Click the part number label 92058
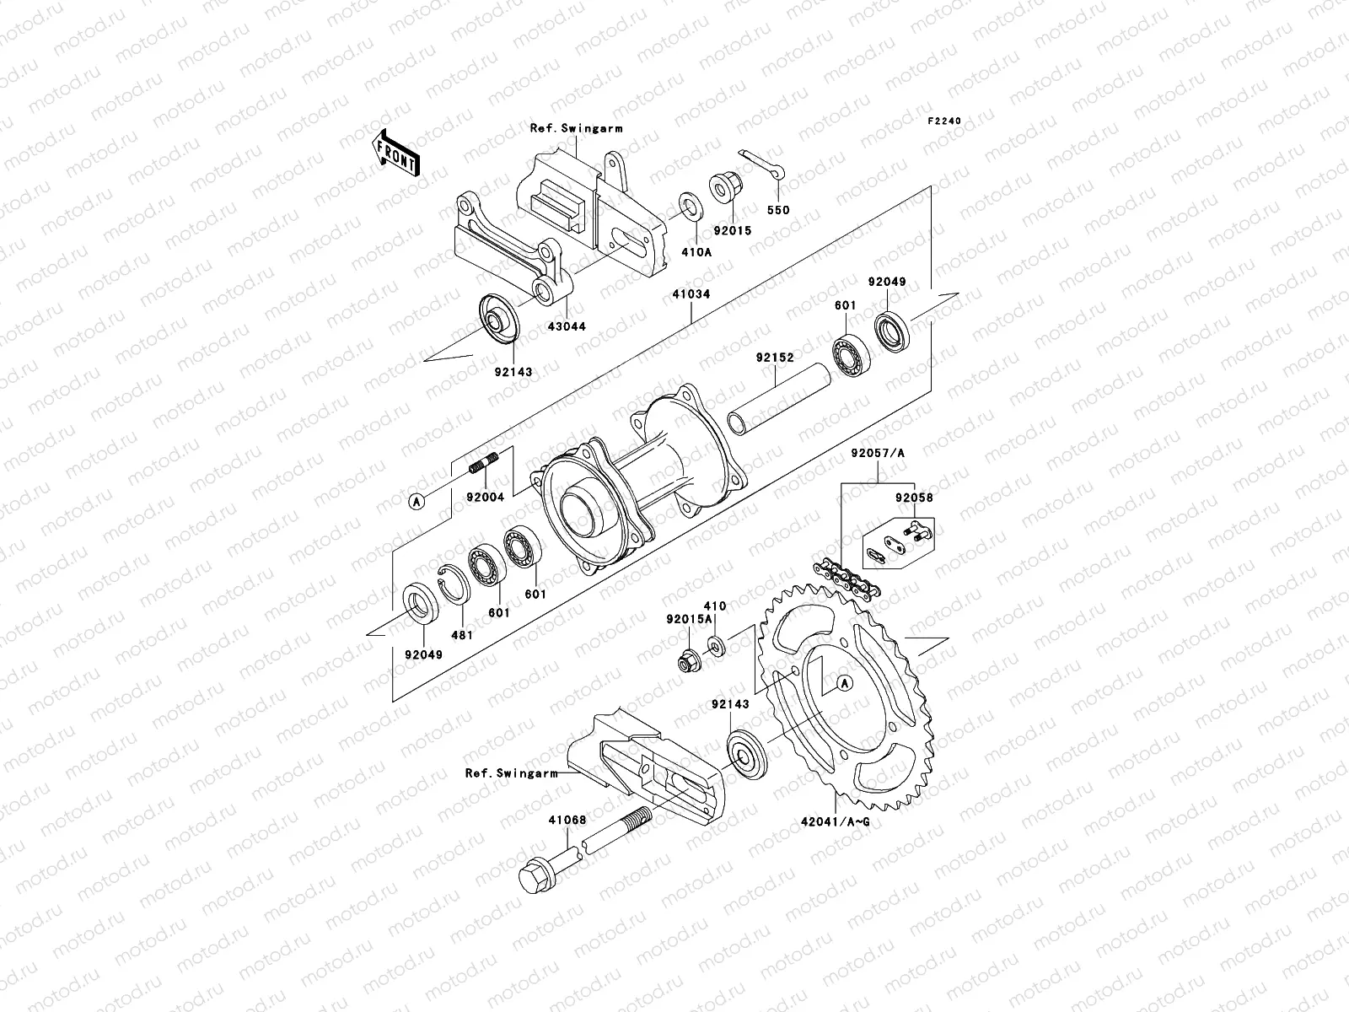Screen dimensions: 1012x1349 pos(915,498)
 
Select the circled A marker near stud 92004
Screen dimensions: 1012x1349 pos(416,502)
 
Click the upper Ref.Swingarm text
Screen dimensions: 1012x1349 pos(564,129)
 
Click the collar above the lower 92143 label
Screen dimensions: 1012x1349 pos(745,754)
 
